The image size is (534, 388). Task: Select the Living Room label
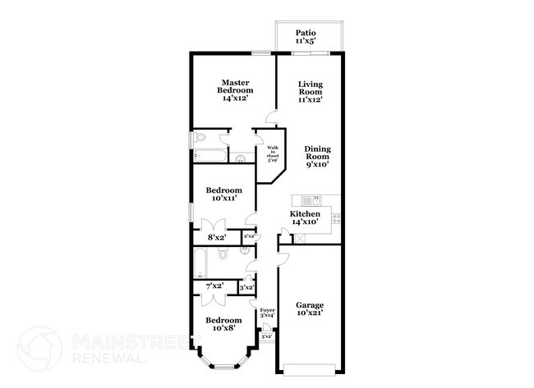point(310,92)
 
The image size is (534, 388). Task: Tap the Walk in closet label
point(273,153)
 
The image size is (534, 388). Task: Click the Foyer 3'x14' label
point(267,313)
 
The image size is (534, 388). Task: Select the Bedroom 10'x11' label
point(223,194)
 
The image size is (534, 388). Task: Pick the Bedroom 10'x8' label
point(223,324)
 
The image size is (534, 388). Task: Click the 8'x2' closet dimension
point(216,237)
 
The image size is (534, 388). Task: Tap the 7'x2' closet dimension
point(215,286)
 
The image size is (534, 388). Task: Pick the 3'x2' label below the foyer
point(266,336)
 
